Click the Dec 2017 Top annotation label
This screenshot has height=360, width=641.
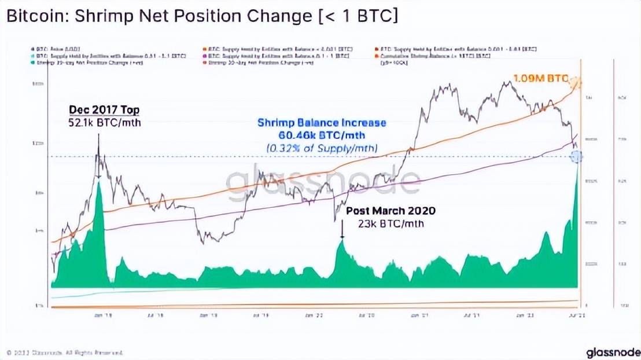(x=104, y=109)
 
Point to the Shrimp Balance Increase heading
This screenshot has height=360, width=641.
(x=322, y=123)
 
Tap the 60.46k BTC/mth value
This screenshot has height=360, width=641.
(x=322, y=135)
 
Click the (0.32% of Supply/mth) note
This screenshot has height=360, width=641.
(x=322, y=148)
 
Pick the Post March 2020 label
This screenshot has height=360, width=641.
(x=391, y=211)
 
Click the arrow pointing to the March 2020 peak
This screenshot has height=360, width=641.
(x=342, y=232)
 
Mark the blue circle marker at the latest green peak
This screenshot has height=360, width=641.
(x=577, y=156)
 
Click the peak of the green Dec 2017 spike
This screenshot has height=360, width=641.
(x=100, y=183)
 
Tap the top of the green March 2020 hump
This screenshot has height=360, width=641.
(x=342, y=243)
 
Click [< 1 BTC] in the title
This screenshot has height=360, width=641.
(x=364, y=18)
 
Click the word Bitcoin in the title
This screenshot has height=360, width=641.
(x=29, y=18)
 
